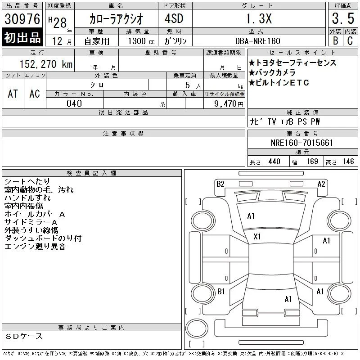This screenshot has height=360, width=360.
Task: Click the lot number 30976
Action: (22, 19)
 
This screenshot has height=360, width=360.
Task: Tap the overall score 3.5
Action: (343, 18)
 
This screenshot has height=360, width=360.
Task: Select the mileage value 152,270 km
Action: (46, 64)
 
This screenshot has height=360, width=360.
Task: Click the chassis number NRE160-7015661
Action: (302, 143)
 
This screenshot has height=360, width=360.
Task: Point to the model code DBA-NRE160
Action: (258, 41)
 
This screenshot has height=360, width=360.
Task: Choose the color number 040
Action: (74, 103)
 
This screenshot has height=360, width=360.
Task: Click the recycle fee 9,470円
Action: (229, 104)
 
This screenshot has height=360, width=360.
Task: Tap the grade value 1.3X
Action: (259, 18)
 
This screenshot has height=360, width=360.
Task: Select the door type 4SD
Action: (174, 18)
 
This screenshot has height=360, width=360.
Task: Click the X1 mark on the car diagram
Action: (257, 237)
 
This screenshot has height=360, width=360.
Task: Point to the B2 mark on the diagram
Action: (220, 184)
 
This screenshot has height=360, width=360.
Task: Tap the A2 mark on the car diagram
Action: (321, 184)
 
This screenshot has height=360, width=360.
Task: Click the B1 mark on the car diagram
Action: (221, 292)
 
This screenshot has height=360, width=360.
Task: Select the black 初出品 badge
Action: (22, 37)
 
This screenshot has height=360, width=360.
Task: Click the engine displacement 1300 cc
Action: (141, 41)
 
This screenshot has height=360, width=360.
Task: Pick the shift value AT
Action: (13, 94)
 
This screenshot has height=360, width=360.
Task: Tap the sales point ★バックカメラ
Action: (272, 72)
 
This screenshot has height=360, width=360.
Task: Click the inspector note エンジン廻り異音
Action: (35, 246)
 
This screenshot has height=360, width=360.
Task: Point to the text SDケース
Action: (24, 336)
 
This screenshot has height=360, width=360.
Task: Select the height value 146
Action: (348, 162)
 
